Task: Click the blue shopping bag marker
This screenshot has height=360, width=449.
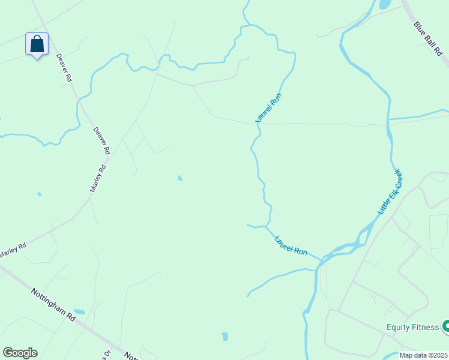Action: click(37, 44)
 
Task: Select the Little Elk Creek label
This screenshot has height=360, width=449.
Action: click(390, 192)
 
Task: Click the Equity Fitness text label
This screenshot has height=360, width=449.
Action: click(412, 328)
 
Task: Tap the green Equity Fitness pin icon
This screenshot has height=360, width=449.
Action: click(445, 327)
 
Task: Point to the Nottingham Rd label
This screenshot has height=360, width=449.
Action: click(53, 304)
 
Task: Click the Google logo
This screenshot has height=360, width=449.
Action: click(20, 353)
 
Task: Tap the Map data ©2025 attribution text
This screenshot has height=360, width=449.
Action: click(424, 355)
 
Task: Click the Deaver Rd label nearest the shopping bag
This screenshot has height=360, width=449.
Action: click(64, 68)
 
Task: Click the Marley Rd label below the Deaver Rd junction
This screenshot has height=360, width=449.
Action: click(98, 178)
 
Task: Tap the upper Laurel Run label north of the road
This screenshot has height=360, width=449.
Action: click(268, 108)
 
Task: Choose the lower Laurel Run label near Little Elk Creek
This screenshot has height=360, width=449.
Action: click(291, 246)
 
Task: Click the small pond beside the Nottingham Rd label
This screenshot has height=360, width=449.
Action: click(79, 312)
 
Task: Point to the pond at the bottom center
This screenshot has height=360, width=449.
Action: click(224, 337)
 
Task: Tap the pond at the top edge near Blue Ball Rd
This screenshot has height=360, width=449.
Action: click(384, 4)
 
